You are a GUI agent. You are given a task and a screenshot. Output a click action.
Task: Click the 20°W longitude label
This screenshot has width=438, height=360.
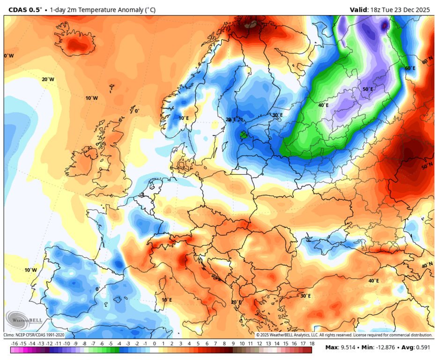click(48, 80)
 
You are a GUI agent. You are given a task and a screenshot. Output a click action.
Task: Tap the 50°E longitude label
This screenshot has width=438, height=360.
click(368, 89)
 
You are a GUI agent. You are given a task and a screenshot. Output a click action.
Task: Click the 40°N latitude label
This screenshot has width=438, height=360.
click(427, 265)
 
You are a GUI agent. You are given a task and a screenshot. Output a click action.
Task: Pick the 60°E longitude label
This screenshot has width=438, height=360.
click(410, 68)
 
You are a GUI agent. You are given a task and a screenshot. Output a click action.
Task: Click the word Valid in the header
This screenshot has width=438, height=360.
click(359, 9)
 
